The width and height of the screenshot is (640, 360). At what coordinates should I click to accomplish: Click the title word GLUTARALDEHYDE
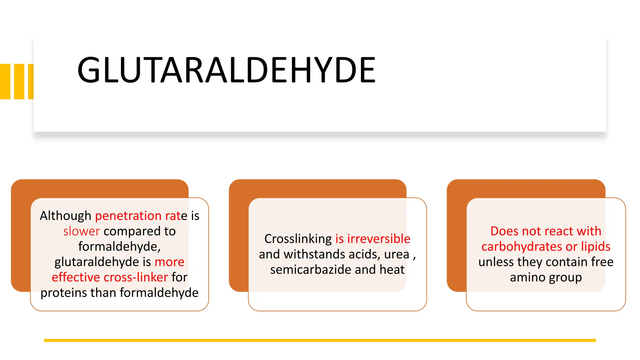point(226,70)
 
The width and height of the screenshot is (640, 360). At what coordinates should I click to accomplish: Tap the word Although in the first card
point(65,216)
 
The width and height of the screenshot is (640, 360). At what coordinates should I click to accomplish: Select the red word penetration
point(128,216)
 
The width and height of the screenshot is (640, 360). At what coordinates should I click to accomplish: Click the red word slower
point(81,231)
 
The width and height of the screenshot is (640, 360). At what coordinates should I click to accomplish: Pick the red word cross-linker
point(136,277)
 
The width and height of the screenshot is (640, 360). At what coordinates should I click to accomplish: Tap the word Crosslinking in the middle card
point(298,239)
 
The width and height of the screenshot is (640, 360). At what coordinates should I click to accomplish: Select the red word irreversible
point(379,239)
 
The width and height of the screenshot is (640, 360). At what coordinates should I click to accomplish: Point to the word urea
point(397,254)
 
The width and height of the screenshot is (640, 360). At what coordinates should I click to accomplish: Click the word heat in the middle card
point(392,270)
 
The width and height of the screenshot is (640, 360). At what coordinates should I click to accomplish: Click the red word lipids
point(596,247)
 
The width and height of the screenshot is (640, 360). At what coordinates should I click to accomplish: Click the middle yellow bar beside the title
point(19,82)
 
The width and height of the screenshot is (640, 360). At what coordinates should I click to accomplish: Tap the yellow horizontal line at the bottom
point(320,340)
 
